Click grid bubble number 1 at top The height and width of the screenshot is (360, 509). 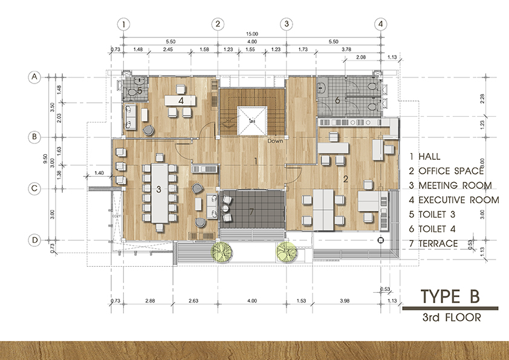point(123,24)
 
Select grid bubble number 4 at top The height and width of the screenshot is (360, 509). point(380,24)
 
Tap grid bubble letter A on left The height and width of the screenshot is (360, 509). point(35,77)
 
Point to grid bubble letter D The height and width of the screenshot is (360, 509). point(35,240)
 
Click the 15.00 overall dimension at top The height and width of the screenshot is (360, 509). point(252,34)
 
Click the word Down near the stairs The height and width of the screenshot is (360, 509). point(276,140)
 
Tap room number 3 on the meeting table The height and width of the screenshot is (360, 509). point(158,189)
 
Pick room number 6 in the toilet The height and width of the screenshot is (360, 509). point(337,100)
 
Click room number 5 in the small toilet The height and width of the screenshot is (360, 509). point(139,91)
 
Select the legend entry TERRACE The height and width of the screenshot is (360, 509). point(439,243)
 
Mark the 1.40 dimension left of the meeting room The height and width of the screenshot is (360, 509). point(100,173)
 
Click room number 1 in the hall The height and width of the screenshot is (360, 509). point(257,161)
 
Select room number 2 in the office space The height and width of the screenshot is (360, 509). point(346,178)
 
